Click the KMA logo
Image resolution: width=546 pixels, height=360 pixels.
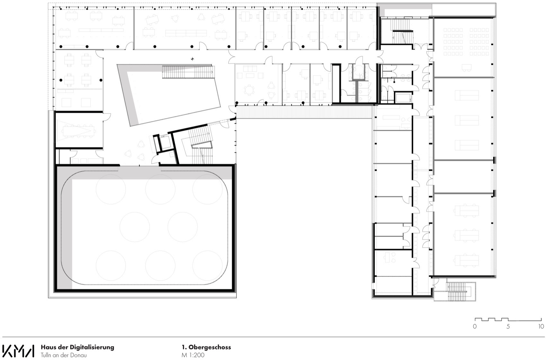[x=18, y=351]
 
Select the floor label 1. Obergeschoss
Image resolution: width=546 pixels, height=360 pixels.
[x=206, y=347]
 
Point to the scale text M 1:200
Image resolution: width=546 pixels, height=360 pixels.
[x=193, y=355]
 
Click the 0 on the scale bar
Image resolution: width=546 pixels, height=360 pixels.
[x=475, y=327]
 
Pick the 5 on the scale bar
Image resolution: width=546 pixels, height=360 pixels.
[x=508, y=327]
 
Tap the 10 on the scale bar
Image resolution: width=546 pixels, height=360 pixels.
[x=541, y=327]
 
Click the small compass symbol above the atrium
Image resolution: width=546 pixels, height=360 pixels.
[x=192, y=58]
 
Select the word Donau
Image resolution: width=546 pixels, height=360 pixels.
[x=79, y=355]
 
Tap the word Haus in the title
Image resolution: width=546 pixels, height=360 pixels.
[x=47, y=347]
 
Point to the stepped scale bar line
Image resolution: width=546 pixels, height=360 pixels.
[x=508, y=320]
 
